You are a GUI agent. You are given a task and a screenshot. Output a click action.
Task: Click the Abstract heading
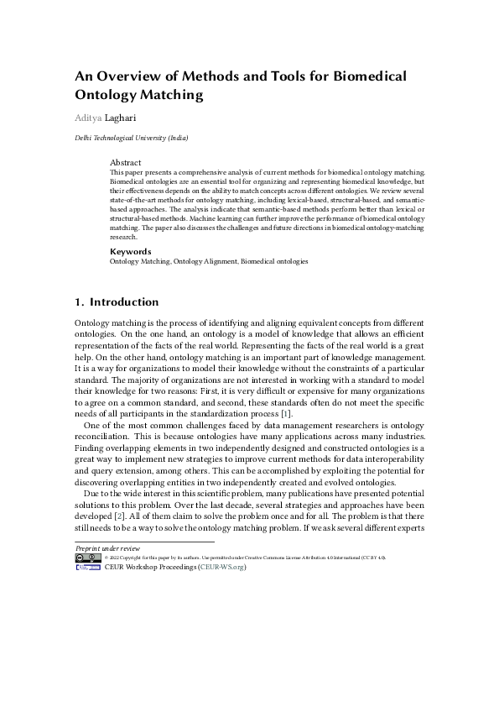(126, 162)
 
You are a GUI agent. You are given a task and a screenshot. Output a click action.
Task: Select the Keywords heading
(131, 251)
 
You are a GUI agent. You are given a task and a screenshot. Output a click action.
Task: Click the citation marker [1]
(286, 414)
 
